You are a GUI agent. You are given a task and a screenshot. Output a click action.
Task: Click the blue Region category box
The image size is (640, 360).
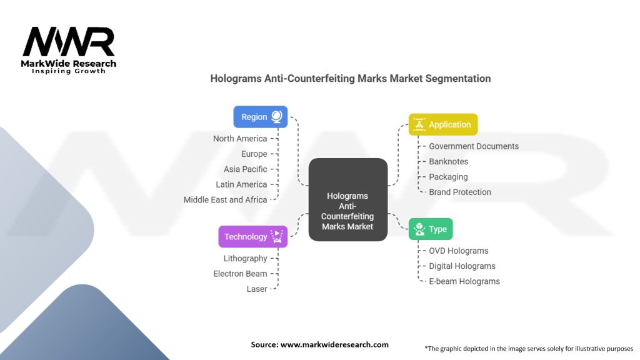(260, 117)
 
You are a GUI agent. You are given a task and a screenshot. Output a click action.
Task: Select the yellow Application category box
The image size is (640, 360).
(442, 124)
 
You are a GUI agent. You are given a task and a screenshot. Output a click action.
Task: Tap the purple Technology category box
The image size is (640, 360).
(252, 236)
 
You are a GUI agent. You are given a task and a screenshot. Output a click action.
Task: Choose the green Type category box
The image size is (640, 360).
(431, 229)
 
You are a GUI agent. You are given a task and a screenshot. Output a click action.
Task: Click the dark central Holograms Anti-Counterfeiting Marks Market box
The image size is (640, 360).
(347, 199)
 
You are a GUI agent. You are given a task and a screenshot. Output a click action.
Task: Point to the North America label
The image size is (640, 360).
(240, 139)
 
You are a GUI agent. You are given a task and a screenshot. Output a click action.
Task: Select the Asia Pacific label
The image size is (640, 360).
(245, 169)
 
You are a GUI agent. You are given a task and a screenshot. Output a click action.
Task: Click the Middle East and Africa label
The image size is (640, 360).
(225, 200)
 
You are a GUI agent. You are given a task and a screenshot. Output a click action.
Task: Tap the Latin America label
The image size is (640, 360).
(241, 184)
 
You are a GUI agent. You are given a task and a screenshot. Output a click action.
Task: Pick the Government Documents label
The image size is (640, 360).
(474, 146)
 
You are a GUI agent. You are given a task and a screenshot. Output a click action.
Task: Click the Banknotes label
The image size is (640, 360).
(448, 161)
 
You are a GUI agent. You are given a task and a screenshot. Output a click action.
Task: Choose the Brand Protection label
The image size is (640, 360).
(460, 192)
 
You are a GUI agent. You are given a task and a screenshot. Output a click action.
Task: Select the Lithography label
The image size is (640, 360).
(245, 259)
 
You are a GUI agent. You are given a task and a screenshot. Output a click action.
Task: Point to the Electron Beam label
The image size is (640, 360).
(240, 274)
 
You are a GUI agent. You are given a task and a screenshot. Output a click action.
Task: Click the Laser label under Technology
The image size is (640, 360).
(257, 289)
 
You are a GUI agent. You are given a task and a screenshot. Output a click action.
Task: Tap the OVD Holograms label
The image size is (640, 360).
(459, 251)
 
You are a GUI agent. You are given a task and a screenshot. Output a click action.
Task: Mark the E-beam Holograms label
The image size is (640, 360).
(464, 281)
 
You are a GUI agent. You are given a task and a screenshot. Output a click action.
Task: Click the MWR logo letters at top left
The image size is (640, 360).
(69, 42)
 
